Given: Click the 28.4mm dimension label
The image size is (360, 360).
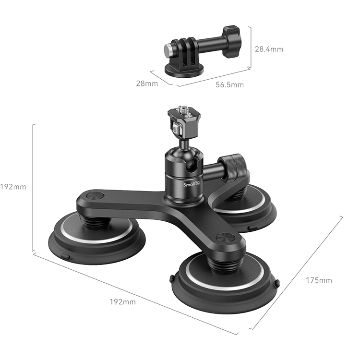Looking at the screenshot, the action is (269, 49).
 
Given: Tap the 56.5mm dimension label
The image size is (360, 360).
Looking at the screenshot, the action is (229, 84).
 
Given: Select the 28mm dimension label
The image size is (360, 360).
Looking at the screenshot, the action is (147, 84).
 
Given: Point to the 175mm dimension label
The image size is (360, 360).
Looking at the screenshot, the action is (319, 280).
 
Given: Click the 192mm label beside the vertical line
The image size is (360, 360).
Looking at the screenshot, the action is (13, 187).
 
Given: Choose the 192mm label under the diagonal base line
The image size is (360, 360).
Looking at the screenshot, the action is (122, 302).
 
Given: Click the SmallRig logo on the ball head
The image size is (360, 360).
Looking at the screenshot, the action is (192, 184).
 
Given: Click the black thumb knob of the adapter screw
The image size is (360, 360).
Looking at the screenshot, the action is (231, 42).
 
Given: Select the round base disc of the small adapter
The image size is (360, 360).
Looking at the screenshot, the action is (184, 70).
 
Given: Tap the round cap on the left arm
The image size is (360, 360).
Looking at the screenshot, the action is (95, 196).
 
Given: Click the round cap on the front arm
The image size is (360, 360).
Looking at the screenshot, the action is (226, 238).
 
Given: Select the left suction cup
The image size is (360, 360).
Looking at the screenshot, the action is (96, 238).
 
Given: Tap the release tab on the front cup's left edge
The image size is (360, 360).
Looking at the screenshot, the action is (172, 278).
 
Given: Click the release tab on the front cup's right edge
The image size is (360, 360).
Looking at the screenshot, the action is (278, 284).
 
